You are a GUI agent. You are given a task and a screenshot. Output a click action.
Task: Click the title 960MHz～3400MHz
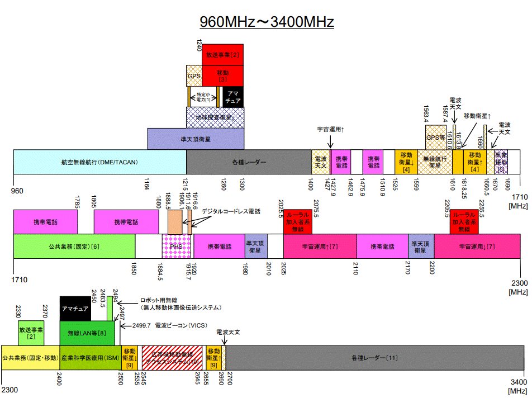(267, 22)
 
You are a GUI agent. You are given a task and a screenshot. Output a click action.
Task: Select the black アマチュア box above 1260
(232, 96)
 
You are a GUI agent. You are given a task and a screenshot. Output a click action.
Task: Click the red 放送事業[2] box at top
(222, 55)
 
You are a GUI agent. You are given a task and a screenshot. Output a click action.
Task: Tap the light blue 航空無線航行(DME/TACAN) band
(99, 162)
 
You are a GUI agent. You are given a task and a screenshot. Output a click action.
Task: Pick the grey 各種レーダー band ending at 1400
(249, 162)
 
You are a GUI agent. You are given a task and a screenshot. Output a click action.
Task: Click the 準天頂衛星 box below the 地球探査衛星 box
(196, 139)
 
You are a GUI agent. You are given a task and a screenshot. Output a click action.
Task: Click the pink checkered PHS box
(177, 246)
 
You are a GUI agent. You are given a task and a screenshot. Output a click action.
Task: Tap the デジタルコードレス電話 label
(231, 211)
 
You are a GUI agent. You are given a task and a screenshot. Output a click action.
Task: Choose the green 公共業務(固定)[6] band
(74, 246)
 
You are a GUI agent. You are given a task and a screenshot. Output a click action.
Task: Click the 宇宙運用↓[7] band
(477, 246)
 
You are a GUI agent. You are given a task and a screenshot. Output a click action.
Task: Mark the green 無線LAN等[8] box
(91, 333)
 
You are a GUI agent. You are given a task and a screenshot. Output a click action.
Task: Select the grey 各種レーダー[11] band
(374, 358)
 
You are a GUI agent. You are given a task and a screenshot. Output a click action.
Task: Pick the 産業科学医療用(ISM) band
(90, 358)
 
